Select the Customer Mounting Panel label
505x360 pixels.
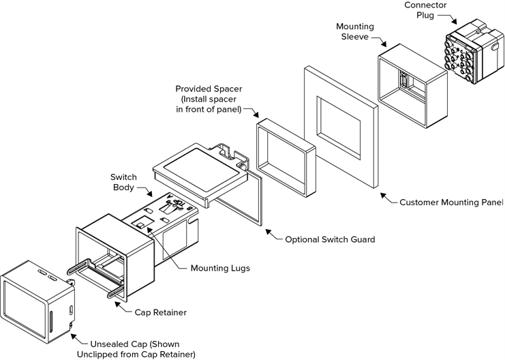tap(450, 202)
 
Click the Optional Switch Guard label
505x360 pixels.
tap(330, 239)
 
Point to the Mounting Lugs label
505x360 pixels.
tap(220, 268)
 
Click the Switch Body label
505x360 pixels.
tap(123, 182)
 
